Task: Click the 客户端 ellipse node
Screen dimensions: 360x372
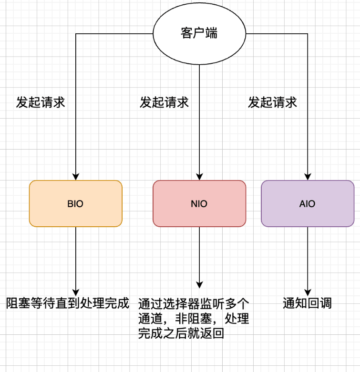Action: tap(199, 33)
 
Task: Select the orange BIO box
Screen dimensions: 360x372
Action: tap(75, 203)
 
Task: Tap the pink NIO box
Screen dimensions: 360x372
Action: tap(199, 203)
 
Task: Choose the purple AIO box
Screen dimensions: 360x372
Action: tap(308, 203)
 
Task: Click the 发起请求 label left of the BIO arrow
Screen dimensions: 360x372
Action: tap(41, 102)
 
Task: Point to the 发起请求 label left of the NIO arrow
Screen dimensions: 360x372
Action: tap(165, 102)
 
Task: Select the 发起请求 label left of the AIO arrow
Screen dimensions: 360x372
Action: tap(273, 102)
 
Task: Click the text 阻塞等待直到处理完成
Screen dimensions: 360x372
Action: tap(68, 303)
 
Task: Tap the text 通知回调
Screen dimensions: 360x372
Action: tap(307, 303)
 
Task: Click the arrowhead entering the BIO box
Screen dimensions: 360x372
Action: tap(75, 177)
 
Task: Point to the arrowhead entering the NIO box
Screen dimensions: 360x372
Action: tap(199, 177)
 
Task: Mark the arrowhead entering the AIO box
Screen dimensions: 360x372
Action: tap(308, 177)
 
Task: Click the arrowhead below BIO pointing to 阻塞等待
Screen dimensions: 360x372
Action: tap(75, 292)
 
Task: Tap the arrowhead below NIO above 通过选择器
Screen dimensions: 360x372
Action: tap(199, 285)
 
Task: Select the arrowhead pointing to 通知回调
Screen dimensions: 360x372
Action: tap(308, 292)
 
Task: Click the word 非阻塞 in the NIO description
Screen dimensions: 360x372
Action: tap(194, 318)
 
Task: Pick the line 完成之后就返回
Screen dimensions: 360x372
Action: tap(181, 333)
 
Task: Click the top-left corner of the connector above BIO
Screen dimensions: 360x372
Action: tap(75, 34)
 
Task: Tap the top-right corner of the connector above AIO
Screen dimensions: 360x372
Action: tap(308, 34)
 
